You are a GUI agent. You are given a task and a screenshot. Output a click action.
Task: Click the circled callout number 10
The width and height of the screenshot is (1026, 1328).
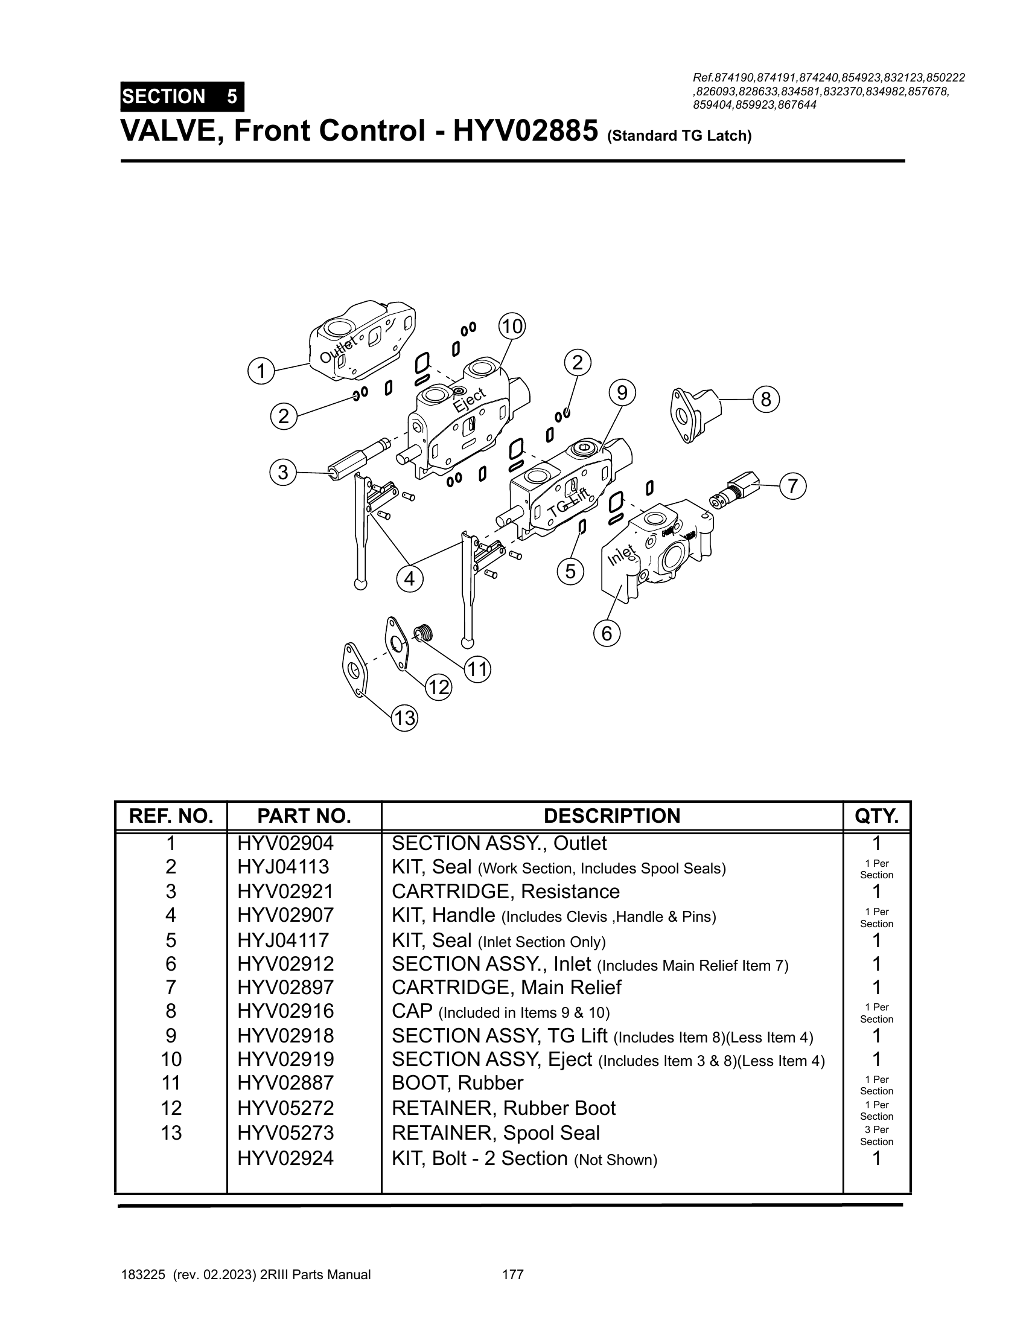[x=512, y=327]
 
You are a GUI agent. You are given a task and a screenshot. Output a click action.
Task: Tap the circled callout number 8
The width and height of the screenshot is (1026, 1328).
[x=766, y=400]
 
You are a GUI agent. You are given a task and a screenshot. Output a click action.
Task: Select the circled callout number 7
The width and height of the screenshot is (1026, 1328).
[x=792, y=487]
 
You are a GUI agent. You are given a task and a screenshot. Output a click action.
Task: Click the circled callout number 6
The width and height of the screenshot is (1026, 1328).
[x=607, y=634]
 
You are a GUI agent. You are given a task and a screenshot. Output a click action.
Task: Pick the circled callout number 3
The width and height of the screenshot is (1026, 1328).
[x=282, y=473]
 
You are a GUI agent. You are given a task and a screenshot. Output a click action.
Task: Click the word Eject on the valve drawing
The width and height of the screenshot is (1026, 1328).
[x=470, y=400]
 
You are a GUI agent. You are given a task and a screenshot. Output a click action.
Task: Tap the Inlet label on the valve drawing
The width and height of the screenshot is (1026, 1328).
[x=622, y=554]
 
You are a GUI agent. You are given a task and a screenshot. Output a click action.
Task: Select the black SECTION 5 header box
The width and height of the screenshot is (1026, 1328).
[x=182, y=97]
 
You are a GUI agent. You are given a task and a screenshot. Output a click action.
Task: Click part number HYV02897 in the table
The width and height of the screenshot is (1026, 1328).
[x=285, y=988]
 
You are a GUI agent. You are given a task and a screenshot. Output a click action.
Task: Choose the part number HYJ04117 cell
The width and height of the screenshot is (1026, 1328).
[x=282, y=940]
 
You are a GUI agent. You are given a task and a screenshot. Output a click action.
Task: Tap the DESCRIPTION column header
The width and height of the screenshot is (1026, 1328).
[x=611, y=816]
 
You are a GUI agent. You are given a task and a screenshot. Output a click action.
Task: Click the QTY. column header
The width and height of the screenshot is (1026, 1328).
[x=876, y=816]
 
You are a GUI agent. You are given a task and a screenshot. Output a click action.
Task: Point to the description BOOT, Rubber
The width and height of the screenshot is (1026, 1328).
[x=457, y=1083]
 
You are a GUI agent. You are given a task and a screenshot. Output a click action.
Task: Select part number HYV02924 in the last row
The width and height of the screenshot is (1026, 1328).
[x=285, y=1158]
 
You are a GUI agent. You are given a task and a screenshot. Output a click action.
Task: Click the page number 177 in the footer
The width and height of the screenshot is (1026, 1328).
[x=513, y=1274]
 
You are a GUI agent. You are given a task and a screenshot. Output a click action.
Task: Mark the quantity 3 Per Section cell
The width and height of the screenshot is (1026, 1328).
[x=876, y=1135]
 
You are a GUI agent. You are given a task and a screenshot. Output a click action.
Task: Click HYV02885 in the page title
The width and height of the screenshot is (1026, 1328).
[x=524, y=131]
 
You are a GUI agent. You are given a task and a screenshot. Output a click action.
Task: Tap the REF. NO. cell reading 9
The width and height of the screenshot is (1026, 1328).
[x=171, y=1035]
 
